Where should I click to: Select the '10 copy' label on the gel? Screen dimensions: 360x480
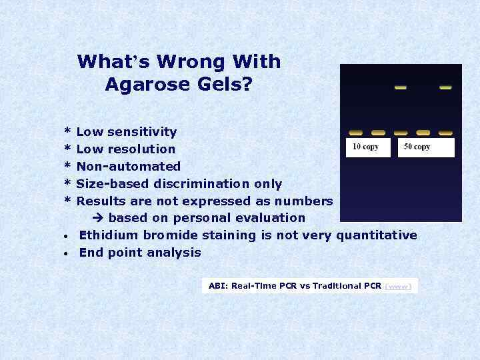point(365,147)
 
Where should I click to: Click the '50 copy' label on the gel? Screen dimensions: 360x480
point(417,147)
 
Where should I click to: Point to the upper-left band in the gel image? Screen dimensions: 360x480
point(401,87)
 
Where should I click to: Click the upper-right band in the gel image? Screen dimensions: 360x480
point(445,87)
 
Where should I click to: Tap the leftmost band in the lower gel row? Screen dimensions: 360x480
point(356,133)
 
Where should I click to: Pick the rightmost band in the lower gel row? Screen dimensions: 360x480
point(445,133)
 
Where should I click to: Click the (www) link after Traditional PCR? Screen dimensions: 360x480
point(399,286)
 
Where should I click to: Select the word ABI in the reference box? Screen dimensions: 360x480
point(217,286)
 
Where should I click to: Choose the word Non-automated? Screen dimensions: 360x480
point(129,167)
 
